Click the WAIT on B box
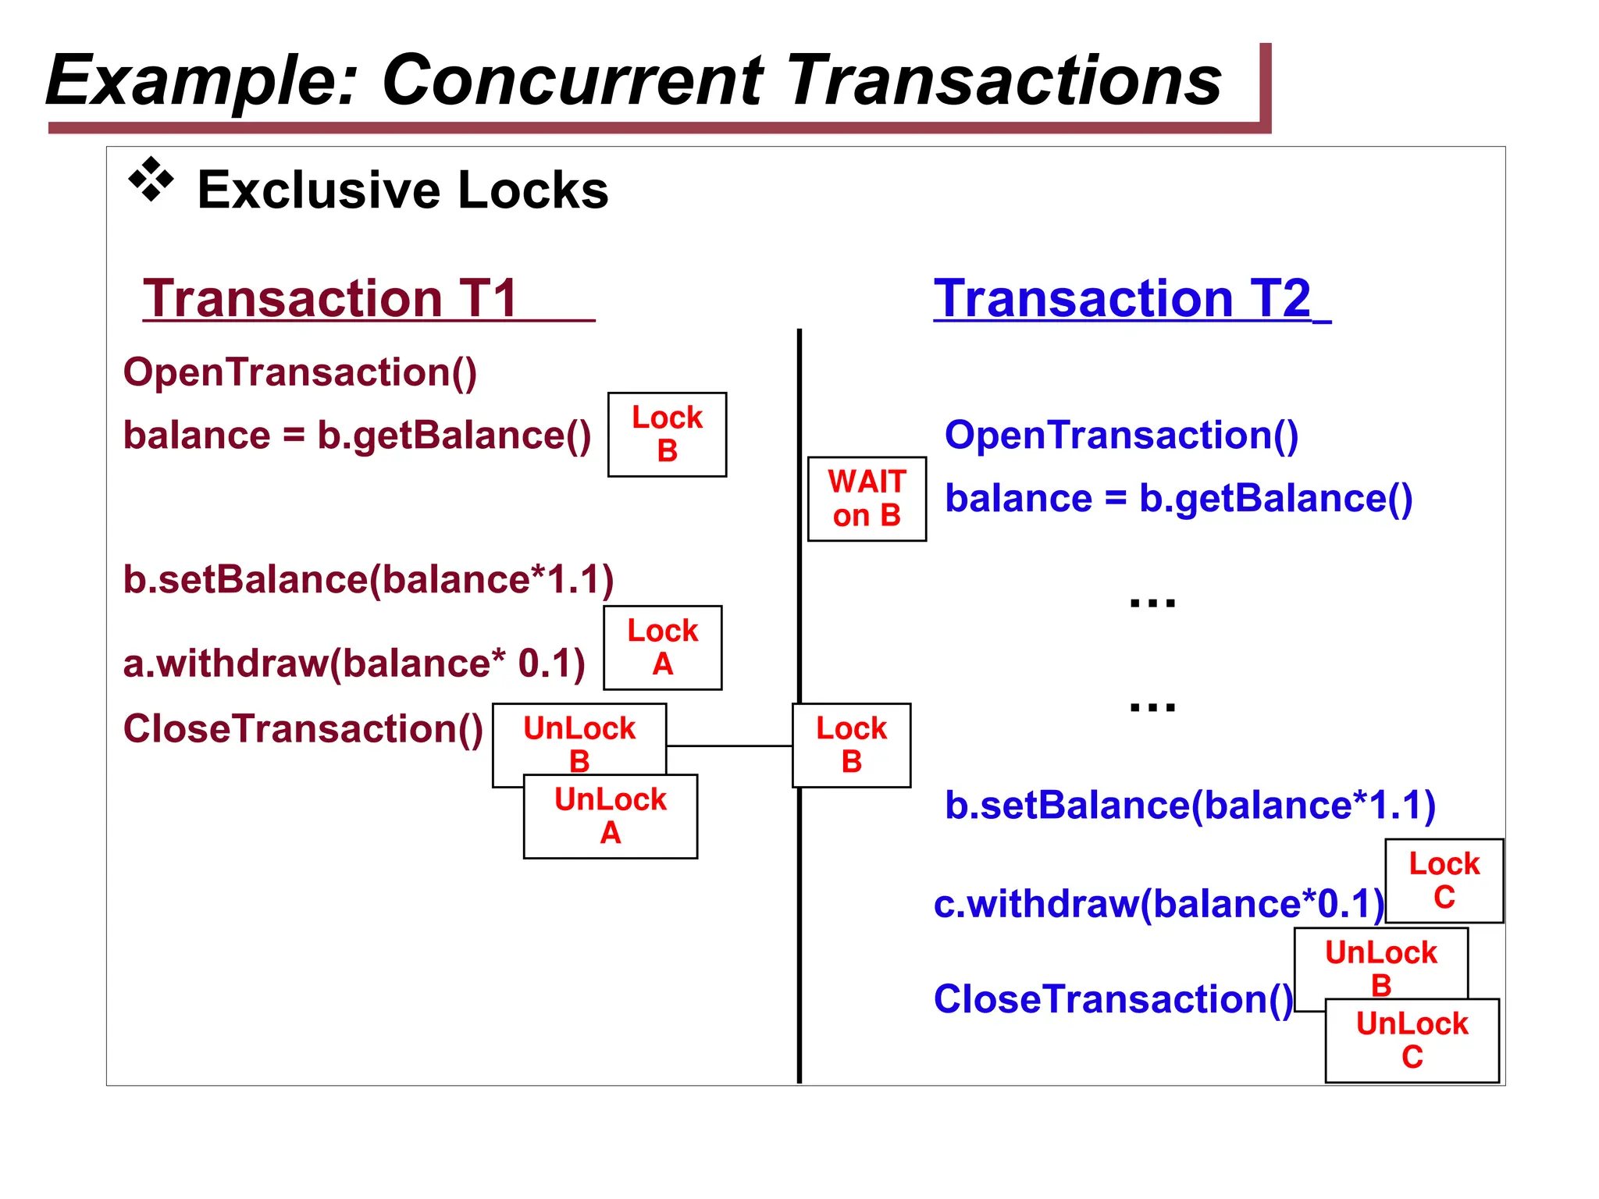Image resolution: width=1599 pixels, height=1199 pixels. pos(867,499)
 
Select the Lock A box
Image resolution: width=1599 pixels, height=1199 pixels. pos(662,647)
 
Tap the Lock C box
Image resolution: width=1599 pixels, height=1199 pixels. pos(1444,881)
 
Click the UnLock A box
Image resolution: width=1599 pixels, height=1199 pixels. pos(611,817)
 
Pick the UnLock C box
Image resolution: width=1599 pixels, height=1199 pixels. pos(1412,1041)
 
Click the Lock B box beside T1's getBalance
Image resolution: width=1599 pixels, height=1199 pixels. pos(667,434)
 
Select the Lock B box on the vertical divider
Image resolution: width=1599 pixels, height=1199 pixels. pos(851,745)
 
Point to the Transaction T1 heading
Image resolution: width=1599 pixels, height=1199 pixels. pos(331,298)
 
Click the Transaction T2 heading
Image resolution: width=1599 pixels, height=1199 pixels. pos(1123,298)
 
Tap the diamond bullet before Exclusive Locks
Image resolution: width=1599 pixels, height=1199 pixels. pos(151,180)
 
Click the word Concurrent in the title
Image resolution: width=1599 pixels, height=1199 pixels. pos(572,80)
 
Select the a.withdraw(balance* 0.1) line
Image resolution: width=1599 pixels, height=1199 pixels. pos(354,664)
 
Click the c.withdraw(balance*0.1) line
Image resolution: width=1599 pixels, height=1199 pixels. pos(1159,904)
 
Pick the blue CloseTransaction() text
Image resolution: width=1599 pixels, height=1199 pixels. pos(1113,999)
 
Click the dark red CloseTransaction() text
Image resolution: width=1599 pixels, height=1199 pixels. pos(303,728)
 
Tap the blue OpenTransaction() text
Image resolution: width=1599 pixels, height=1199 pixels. pos(1121,435)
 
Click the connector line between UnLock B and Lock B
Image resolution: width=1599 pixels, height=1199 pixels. pos(729,746)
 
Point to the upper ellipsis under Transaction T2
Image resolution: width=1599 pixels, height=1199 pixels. pos(1152,602)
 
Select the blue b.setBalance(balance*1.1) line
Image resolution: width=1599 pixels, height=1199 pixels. pos(1190,806)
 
